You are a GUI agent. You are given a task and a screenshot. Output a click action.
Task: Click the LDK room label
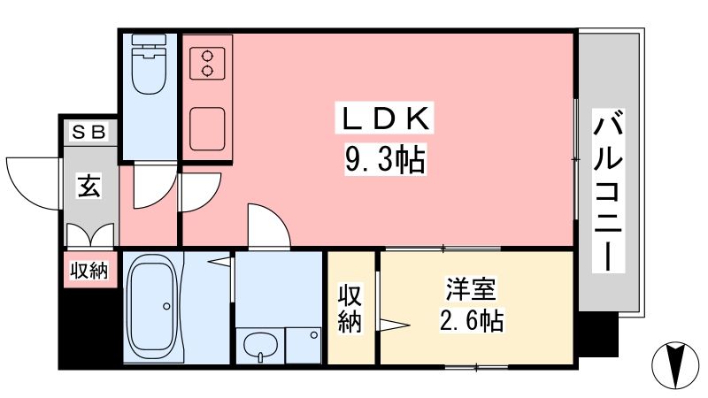[x=384, y=119]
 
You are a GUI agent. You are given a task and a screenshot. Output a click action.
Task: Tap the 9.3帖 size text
[x=385, y=160]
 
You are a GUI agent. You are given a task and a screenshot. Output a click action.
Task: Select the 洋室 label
[x=471, y=289]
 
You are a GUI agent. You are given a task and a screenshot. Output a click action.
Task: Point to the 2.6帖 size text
[x=471, y=320]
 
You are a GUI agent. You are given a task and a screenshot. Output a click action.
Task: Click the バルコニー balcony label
[x=608, y=191]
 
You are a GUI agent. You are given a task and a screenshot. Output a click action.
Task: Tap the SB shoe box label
[x=89, y=132]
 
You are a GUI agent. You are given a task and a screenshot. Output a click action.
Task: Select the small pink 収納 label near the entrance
[x=89, y=271]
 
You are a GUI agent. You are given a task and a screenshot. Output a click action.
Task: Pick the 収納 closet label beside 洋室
[x=350, y=309]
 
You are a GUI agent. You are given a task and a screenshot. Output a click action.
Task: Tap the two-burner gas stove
[x=207, y=63]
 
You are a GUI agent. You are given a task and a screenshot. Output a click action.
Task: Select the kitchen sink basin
[x=207, y=128]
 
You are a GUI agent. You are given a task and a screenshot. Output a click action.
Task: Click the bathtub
[x=152, y=306]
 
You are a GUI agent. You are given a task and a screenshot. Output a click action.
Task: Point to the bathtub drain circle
[x=166, y=306]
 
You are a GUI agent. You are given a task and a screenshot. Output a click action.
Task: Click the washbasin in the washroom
[x=260, y=346]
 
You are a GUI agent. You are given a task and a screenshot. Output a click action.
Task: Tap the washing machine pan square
[x=304, y=345]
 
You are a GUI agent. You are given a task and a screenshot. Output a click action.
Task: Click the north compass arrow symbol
[x=675, y=364]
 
